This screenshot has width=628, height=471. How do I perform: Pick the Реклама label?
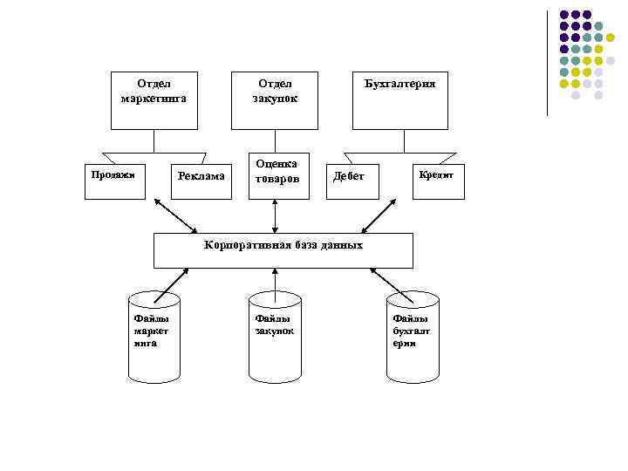[201, 176]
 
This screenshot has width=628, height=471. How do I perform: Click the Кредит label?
[435, 174]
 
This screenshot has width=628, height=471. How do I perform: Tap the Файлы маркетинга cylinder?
[154, 337]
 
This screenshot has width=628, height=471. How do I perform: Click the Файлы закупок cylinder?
[275, 337]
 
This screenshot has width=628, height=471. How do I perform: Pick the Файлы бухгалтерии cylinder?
[413, 337]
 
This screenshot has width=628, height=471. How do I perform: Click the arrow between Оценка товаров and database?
[276, 216]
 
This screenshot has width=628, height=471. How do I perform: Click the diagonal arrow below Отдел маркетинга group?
[174, 215]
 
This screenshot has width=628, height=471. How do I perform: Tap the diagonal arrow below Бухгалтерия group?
[379, 215]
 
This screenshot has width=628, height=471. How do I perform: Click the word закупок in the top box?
[276, 99]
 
